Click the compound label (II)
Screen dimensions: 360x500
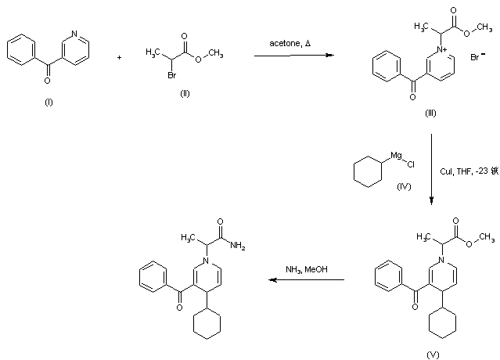185,92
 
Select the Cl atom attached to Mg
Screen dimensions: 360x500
411,165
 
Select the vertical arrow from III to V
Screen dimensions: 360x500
431,169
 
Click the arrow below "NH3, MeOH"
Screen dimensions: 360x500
306,279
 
